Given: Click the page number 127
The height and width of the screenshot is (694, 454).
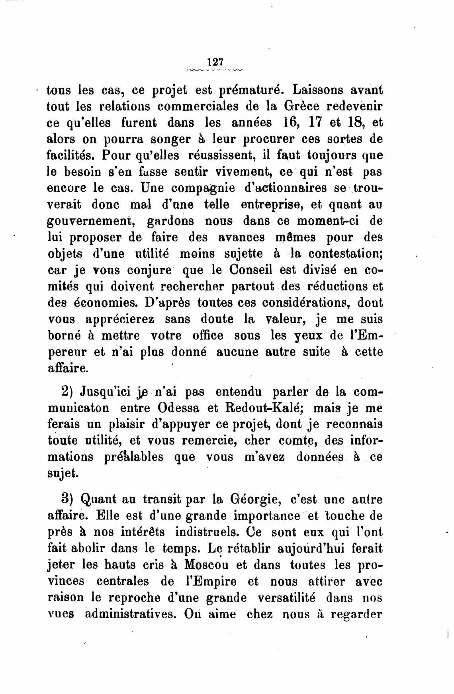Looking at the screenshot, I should [x=215, y=62].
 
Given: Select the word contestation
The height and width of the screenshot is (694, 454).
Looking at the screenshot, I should [x=345, y=254].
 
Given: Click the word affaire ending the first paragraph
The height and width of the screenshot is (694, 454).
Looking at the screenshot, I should [x=67, y=369].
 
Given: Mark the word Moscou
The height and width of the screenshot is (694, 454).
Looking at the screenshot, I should [x=205, y=565].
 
